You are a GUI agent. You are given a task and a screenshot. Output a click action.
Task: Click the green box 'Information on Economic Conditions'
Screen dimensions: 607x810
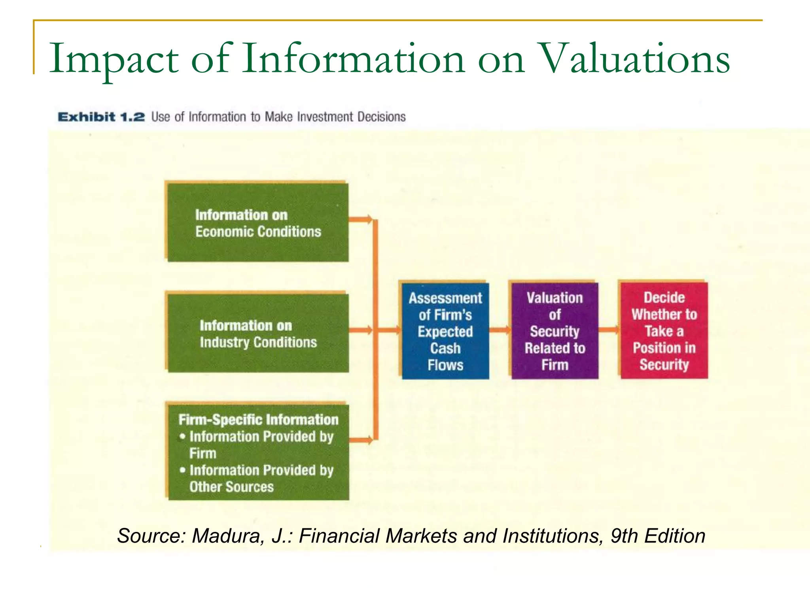click(258, 222)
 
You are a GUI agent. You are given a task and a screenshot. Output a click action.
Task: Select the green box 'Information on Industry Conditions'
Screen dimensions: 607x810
click(258, 333)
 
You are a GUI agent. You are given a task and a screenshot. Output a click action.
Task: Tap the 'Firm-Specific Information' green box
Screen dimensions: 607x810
click(259, 452)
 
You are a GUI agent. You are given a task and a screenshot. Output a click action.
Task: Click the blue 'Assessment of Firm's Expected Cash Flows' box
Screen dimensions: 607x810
click(445, 331)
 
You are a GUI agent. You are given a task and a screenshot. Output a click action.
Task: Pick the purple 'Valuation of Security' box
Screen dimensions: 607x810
click(555, 331)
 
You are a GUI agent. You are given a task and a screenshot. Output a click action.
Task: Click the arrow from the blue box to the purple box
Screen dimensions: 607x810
click(500, 330)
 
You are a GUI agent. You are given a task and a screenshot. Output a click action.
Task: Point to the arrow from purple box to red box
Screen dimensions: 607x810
click(609, 330)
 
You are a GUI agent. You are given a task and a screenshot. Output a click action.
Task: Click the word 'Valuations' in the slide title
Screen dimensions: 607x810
click(634, 59)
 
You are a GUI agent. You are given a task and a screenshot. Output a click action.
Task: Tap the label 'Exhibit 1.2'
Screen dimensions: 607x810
click(101, 117)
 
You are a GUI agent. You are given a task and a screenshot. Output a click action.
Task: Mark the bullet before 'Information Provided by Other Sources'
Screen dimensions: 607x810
click(182, 470)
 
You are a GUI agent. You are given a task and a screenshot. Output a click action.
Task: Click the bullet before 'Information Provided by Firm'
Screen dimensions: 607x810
click(182, 437)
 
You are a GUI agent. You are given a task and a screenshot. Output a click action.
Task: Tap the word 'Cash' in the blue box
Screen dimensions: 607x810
click(445, 349)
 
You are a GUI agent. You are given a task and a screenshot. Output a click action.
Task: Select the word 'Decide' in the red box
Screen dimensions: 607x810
click(664, 298)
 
